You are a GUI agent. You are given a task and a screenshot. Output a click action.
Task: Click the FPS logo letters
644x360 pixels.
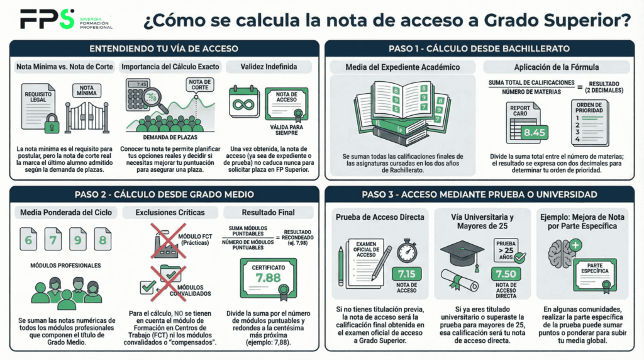[x=47, y=19]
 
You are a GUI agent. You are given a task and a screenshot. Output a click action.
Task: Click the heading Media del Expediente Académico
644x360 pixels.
[x=403, y=67]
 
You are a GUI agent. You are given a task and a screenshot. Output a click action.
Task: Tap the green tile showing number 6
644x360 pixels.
[x=28, y=240]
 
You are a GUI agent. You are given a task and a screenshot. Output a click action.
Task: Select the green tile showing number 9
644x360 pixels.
[x=77, y=240]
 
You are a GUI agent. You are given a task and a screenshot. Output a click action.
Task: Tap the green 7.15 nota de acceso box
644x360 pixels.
[x=407, y=274]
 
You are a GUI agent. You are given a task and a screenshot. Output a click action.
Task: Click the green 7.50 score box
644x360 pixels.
[x=506, y=274]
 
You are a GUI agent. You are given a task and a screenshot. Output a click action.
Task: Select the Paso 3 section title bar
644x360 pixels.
[x=481, y=194]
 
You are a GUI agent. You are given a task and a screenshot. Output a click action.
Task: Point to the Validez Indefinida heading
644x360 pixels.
[x=269, y=67]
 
